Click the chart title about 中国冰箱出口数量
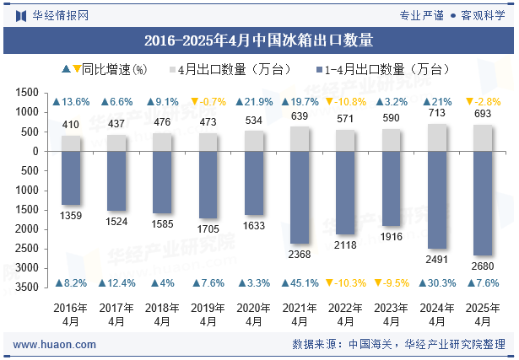259,40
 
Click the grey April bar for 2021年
300,139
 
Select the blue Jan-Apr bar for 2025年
483,203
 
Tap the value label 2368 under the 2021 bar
300,255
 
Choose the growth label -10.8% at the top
346,101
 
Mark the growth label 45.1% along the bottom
300,283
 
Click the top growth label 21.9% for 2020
254,101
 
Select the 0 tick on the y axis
36,151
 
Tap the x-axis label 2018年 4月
162,314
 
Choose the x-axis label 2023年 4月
392,314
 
